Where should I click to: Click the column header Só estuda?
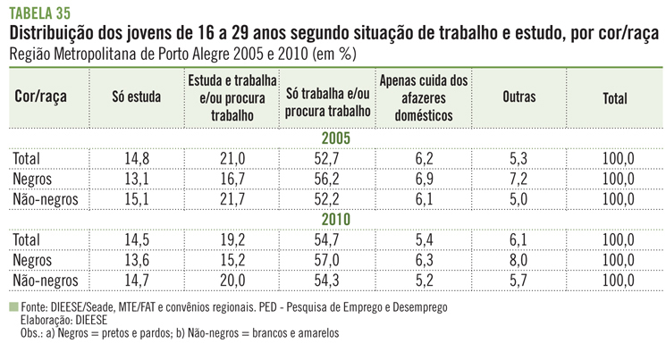[136, 98]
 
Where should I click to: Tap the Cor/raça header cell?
[42, 98]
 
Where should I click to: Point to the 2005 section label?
[333, 138]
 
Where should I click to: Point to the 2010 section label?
[333, 219]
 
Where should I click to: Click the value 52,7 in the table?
[328, 159]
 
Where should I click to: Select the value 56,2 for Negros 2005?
[328, 179]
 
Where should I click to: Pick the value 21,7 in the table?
[232, 199]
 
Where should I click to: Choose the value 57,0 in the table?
[328, 261]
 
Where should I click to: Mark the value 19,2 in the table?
[232, 240]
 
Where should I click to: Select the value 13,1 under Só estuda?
[136, 179]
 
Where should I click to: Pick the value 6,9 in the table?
[424, 179]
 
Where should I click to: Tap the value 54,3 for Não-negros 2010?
[328, 280]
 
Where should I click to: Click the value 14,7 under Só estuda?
[136, 280]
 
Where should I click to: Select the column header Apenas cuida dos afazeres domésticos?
[424, 98]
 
